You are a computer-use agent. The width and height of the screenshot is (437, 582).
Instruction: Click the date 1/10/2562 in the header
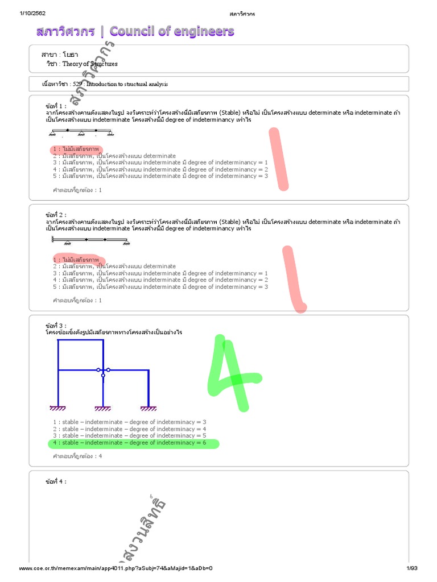coord(32,13)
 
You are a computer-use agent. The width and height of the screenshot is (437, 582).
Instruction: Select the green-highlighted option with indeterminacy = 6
coord(134,443)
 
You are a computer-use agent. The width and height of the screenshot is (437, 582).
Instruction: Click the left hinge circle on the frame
coord(98,370)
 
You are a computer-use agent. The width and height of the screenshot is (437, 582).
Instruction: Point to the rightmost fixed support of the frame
coord(149,408)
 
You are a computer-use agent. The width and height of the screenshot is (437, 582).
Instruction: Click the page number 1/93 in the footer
coord(411,568)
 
